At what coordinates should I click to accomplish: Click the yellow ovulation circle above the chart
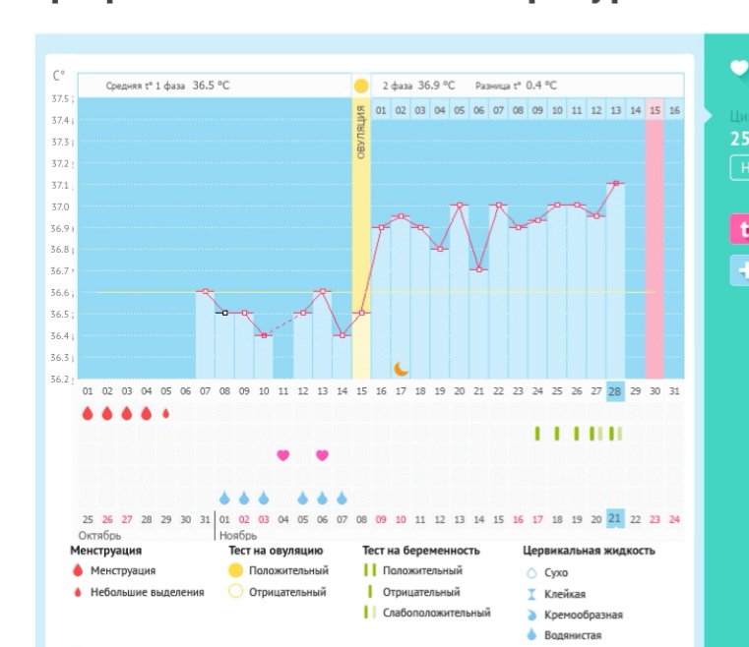tap(361, 87)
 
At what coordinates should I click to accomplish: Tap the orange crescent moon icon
tap(401, 369)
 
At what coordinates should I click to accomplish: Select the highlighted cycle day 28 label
tap(615, 391)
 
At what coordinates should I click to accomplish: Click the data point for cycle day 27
tap(595, 215)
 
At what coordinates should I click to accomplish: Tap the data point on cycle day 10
tap(264, 335)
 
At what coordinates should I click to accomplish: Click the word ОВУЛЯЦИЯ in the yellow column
tap(361, 133)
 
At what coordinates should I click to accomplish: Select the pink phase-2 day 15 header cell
tap(655, 111)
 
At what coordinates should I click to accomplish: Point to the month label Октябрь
tap(100, 535)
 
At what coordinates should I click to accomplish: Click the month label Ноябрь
tap(237, 535)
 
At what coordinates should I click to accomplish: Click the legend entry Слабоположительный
tap(436, 613)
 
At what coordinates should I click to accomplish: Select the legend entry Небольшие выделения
tap(148, 592)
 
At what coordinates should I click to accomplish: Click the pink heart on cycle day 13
tap(322, 455)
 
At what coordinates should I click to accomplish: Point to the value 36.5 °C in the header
tap(211, 86)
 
